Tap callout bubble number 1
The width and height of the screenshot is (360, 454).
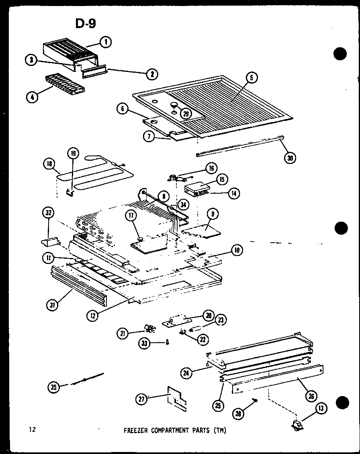coord(106,41)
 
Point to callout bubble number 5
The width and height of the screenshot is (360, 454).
coord(251,78)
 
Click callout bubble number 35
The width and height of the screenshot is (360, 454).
coord(53,387)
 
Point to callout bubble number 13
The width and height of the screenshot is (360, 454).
coord(321,409)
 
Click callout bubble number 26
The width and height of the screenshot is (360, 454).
coord(310,396)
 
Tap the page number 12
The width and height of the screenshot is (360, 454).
coord(32,430)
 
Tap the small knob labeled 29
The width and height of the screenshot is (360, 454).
coord(175,106)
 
